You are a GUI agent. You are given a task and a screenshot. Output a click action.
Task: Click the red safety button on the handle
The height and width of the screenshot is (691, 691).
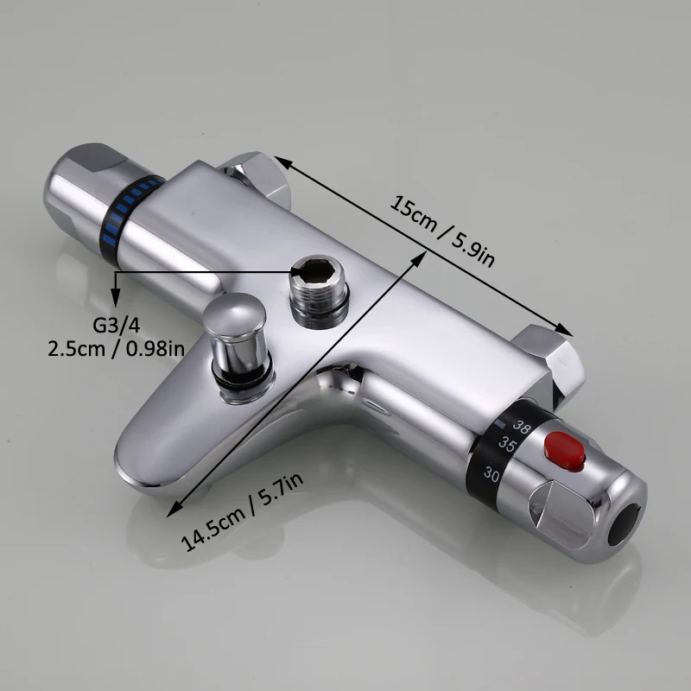coord(565,451)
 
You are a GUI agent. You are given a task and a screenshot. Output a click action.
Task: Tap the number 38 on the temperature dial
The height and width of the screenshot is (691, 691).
coord(522,427)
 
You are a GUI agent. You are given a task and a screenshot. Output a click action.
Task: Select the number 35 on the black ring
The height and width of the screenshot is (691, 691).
coord(507,445)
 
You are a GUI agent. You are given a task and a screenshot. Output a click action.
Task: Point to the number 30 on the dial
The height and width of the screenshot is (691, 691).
coord(491,473)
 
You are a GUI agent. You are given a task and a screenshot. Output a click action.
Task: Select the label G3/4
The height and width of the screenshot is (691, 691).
coord(117,326)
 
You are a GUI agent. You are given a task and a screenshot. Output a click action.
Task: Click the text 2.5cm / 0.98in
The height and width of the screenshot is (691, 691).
coord(117,349)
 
